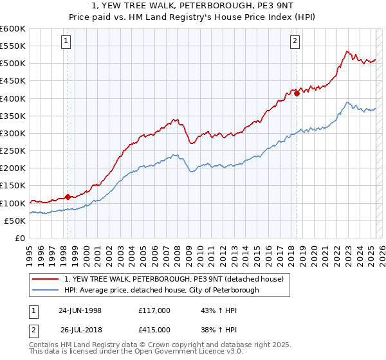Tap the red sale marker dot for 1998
point(68,197)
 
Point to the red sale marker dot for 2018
point(297,93)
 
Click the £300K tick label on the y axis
point(12,133)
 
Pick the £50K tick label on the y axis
point(15,221)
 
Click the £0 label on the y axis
point(20,238)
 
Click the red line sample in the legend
point(45,279)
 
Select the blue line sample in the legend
point(45,290)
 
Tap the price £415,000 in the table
point(154,330)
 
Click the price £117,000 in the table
point(154,310)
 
